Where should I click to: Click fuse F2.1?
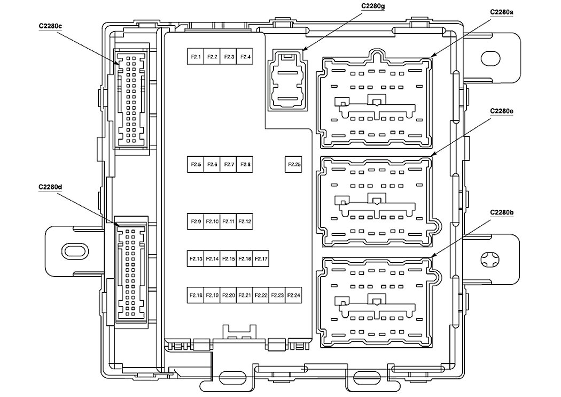coord(196,57)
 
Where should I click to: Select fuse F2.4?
coord(246,57)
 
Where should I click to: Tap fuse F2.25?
coord(294,164)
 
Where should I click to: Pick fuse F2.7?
coord(229,164)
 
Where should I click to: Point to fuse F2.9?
coord(196,221)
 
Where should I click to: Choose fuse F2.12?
coord(245,221)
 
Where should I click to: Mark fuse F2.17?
coord(261,258)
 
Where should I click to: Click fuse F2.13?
coord(196,258)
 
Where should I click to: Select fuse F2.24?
coord(294,295)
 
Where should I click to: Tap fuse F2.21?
coord(245,295)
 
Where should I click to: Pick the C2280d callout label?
coord(50,186)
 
